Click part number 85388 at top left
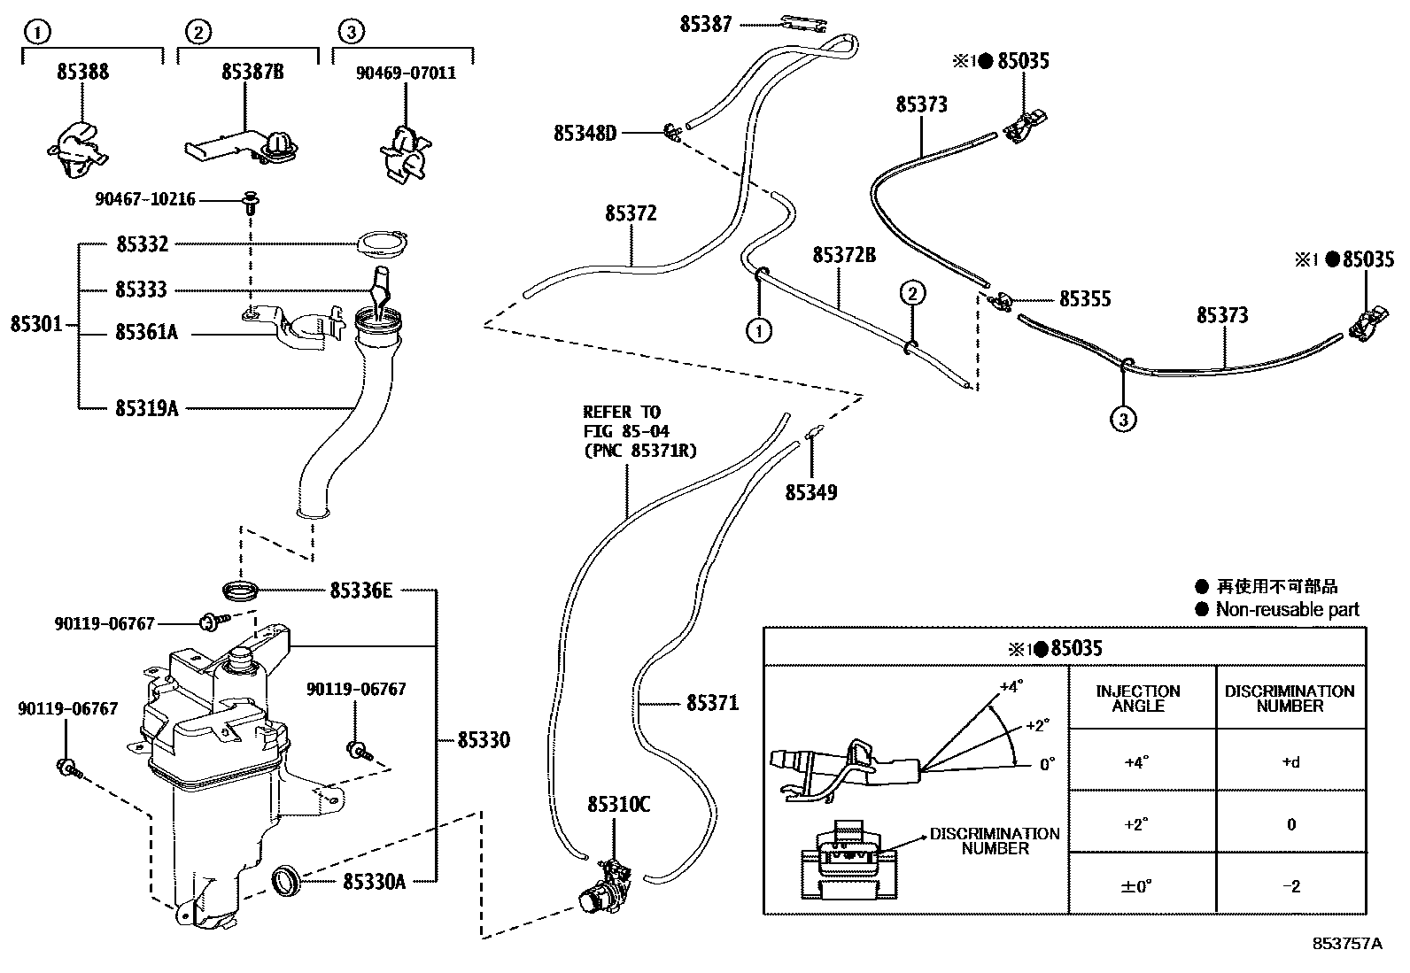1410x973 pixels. pyautogui.click(x=82, y=73)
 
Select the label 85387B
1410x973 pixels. pyautogui.click(x=252, y=73)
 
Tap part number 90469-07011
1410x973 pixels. pyautogui.click(x=406, y=73)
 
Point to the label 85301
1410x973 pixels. pyautogui.click(x=36, y=324)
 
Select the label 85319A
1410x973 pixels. pyautogui.click(x=146, y=408)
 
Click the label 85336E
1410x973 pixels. pyautogui.click(x=360, y=590)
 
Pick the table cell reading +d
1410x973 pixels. pyautogui.click(x=1290, y=761)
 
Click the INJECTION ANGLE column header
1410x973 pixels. pyautogui.click(x=1138, y=699)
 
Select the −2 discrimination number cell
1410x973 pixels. pyautogui.click(x=1290, y=885)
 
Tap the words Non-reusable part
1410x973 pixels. pyautogui.click(x=1287, y=609)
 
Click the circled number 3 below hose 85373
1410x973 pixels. pyautogui.click(x=1123, y=420)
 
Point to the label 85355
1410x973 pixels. pyautogui.click(x=1085, y=299)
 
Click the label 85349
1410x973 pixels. pyautogui.click(x=810, y=492)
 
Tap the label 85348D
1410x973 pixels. pyautogui.click(x=585, y=134)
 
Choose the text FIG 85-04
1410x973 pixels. pyautogui.click(x=625, y=431)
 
